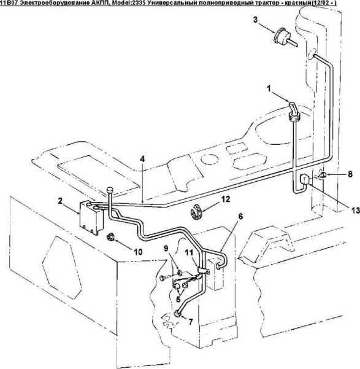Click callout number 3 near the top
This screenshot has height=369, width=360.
255,20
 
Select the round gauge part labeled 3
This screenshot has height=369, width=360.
282,37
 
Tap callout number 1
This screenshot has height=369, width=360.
269,88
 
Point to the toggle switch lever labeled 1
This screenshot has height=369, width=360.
293,112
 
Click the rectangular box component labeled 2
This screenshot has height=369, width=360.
91,217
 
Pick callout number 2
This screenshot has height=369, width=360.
60,201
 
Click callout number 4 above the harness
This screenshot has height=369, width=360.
142,159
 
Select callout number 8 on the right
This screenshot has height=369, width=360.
350,174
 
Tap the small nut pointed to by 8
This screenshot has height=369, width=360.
323,175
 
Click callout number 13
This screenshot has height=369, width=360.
356,210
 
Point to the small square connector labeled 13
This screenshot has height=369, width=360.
304,179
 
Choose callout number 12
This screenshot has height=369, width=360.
226,199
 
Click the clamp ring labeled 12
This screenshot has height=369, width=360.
197,212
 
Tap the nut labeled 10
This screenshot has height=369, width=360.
110,237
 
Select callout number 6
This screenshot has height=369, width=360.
240,216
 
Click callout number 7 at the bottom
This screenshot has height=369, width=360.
190,321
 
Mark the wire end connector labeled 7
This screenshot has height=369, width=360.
177,314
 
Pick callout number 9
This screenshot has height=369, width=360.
166,248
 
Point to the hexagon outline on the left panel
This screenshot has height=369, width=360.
62,267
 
